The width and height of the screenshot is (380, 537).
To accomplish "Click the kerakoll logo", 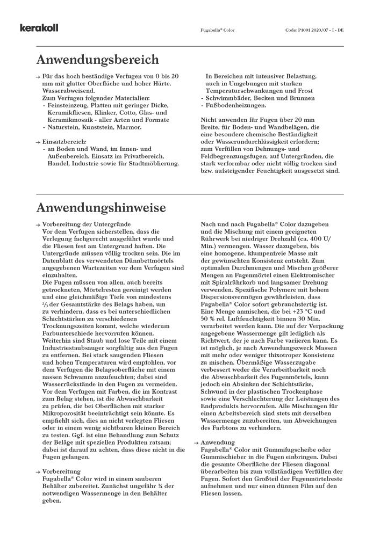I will pyautogui.click(x=39, y=28).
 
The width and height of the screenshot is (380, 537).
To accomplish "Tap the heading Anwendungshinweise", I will pyautogui.click(x=101, y=207).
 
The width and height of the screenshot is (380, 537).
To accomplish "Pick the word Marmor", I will pyautogui.click(x=130, y=127).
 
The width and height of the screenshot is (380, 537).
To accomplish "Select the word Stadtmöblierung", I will pyautogui.click(x=153, y=163).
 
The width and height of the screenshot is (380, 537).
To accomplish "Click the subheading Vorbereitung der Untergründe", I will pyautogui.click(x=86, y=223).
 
